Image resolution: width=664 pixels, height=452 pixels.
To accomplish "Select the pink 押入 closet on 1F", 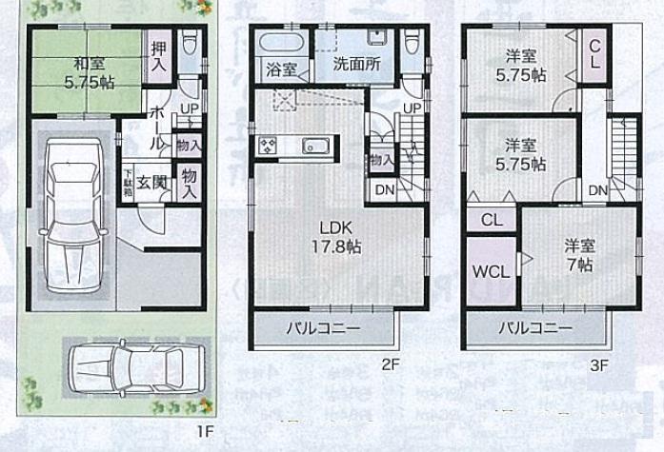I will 158,55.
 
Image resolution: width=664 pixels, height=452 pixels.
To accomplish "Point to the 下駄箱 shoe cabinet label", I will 127,181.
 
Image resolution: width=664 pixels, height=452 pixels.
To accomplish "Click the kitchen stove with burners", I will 266,146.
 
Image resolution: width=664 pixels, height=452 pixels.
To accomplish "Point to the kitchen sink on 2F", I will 315,147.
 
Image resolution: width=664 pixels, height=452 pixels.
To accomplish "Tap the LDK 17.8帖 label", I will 338,236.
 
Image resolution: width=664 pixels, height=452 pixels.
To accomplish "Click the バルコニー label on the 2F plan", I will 324,328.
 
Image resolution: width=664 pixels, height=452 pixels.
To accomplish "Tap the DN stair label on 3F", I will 597,191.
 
